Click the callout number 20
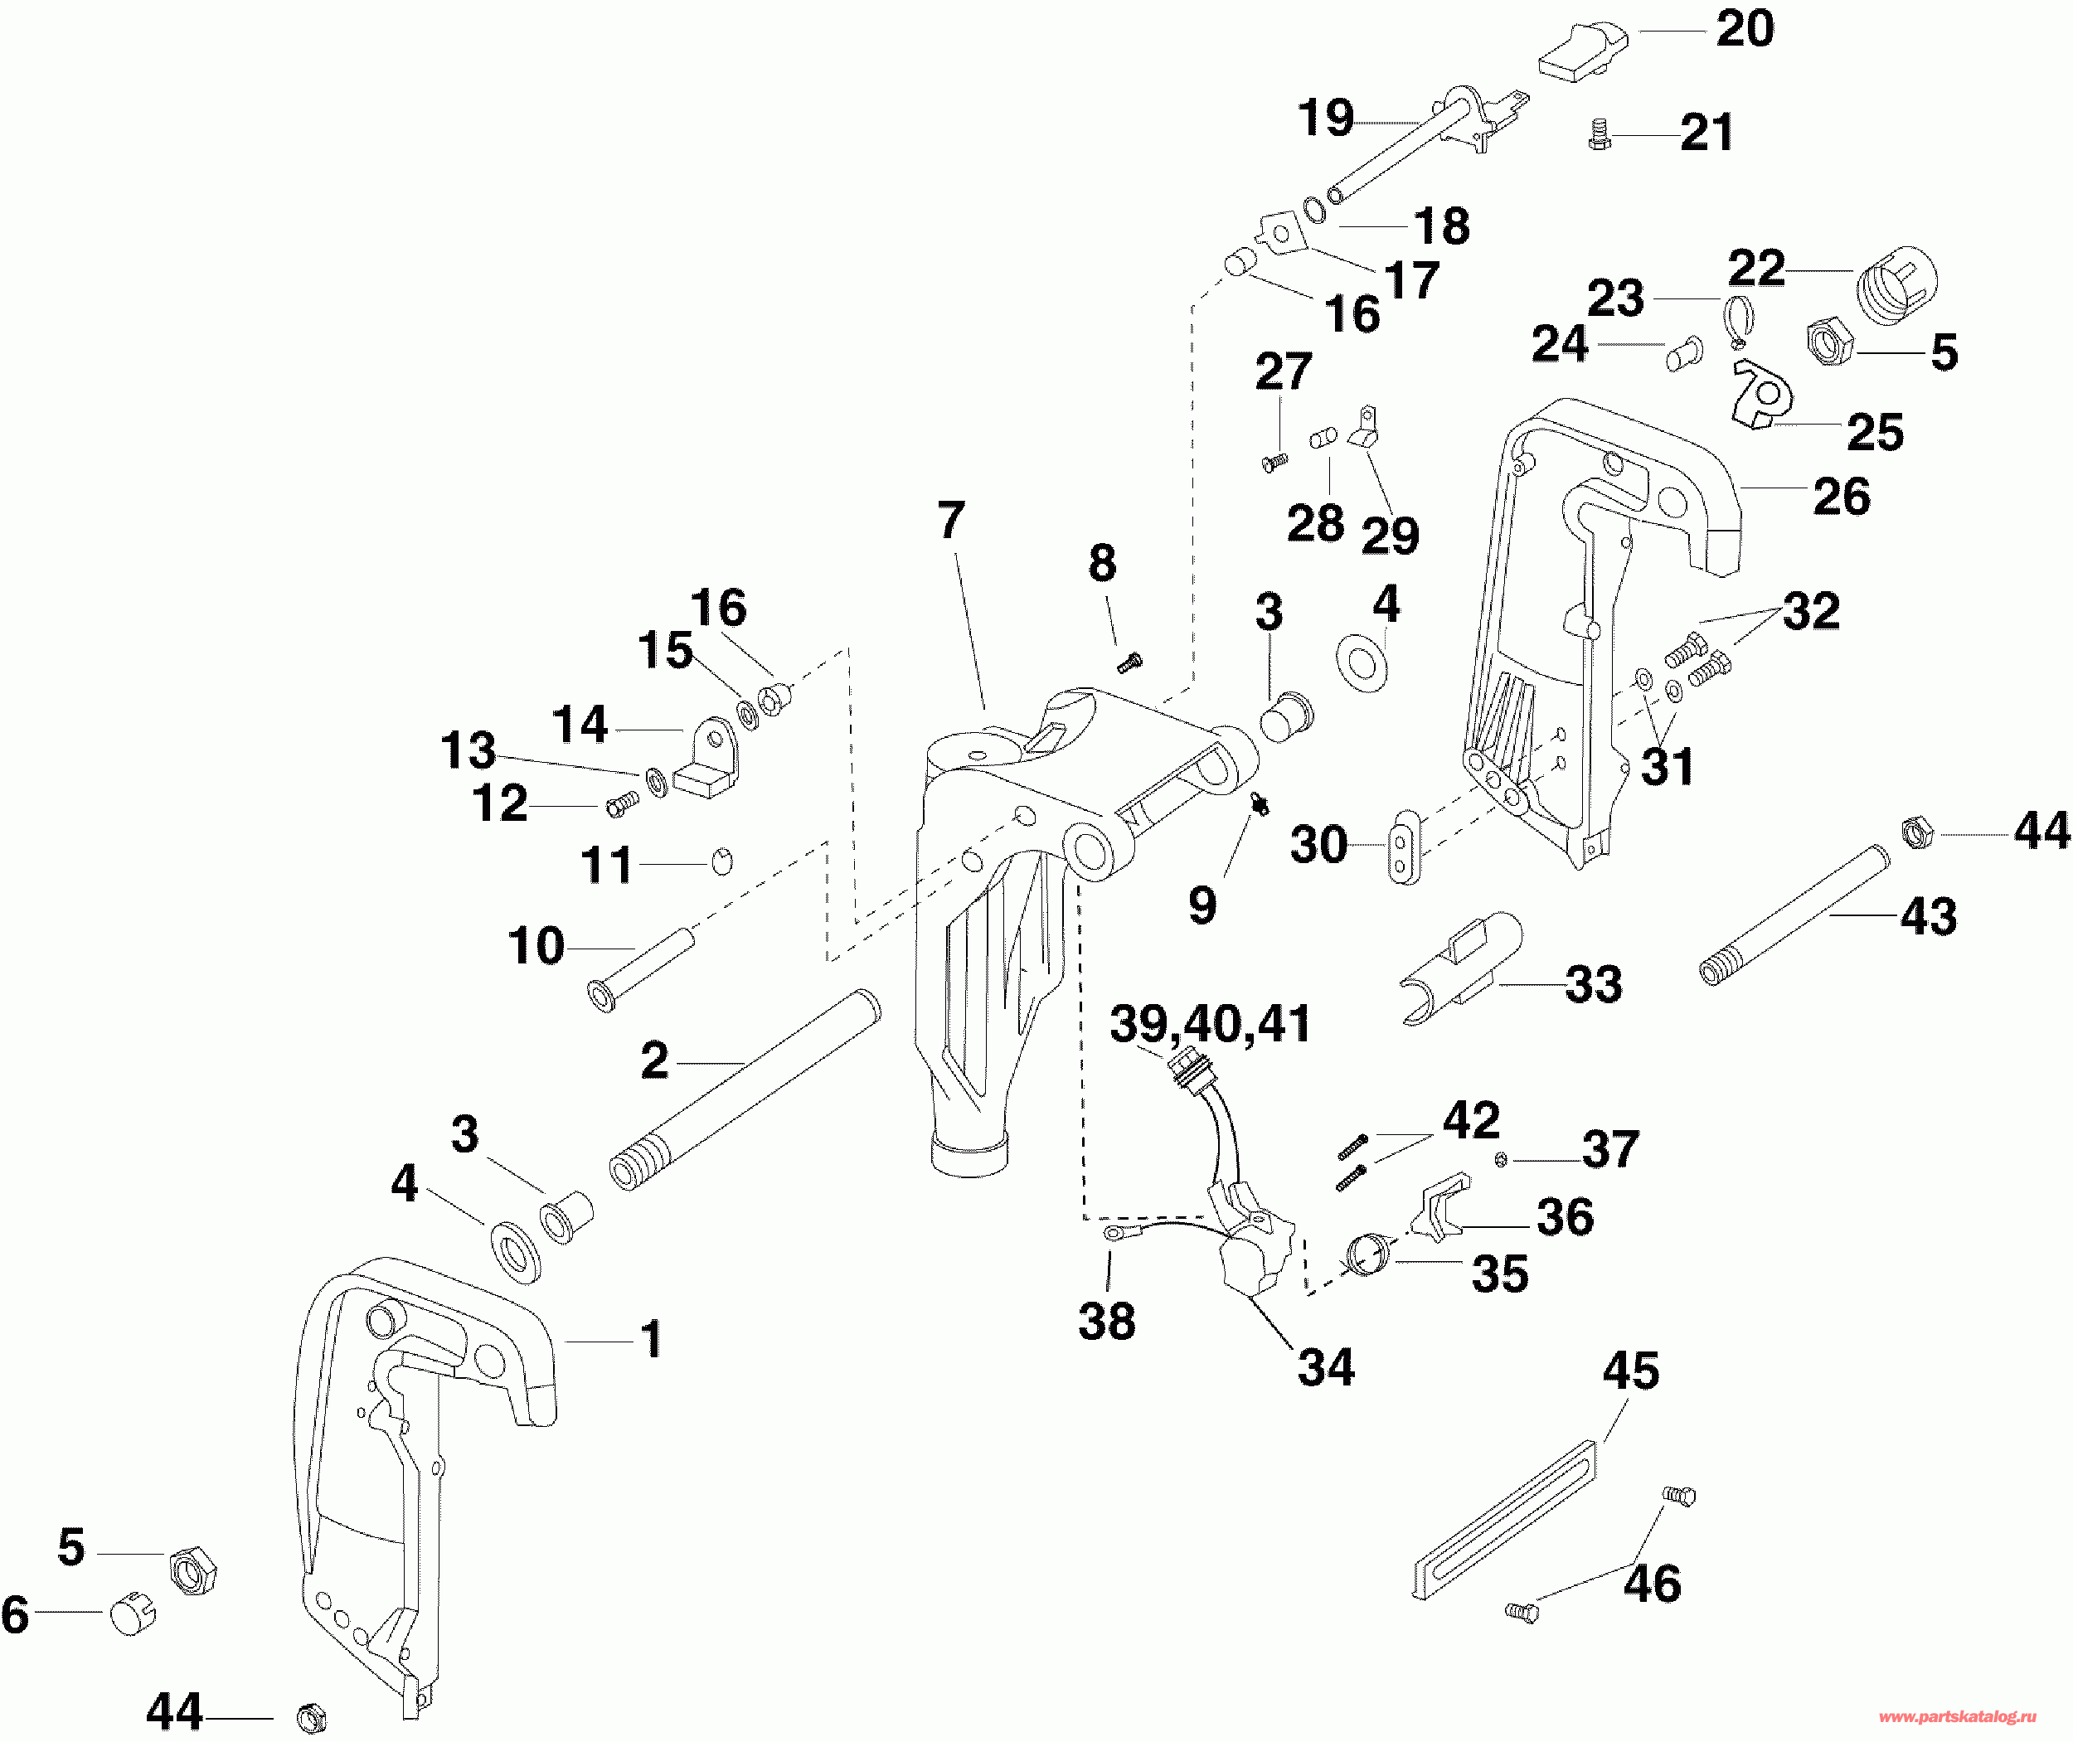pyautogui.click(x=1745, y=29)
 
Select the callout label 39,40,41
pyautogui.click(x=1211, y=1024)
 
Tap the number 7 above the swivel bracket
pyautogui.click(x=950, y=521)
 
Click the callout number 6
pyautogui.click(x=15, y=1614)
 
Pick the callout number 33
pyautogui.click(x=1594, y=984)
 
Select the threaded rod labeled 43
pyautogui.click(x=1794, y=914)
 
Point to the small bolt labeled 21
pyautogui.click(x=1600, y=135)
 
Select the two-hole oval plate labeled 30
pyautogui.click(x=1405, y=847)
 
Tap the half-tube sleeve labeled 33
pyautogui.click(x=1462, y=970)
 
